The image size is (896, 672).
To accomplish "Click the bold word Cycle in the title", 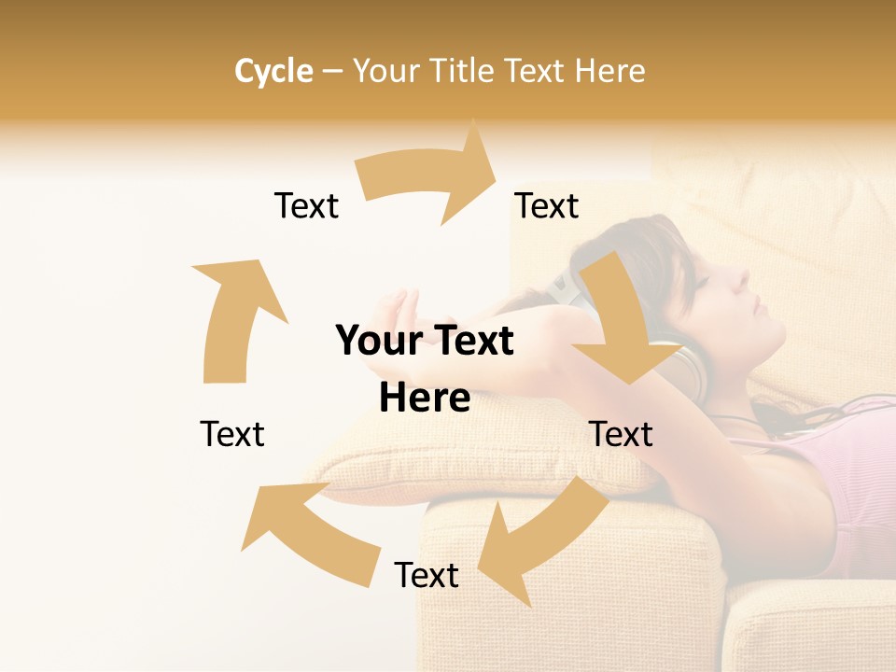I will coord(273,71).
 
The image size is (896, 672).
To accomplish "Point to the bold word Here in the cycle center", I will coord(425,398).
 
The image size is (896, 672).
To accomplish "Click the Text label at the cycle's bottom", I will coord(427,575).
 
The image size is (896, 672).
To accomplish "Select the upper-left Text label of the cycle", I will coord(306,205).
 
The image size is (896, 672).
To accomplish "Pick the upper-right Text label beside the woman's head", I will coord(547,205).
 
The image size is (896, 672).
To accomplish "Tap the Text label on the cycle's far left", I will coord(232,434).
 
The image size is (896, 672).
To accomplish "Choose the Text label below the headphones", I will coord(621,434).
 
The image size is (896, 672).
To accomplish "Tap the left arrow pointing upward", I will coord(233,317).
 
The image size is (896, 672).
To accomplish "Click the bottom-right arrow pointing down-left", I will coord(541,532).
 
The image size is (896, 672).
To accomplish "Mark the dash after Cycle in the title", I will coord(332,72).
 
